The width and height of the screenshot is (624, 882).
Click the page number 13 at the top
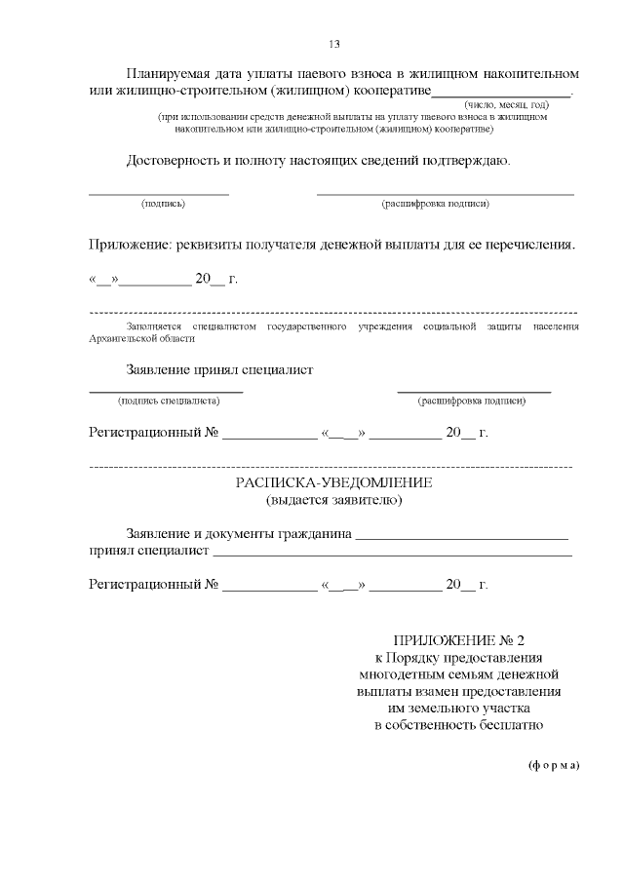tap(333, 44)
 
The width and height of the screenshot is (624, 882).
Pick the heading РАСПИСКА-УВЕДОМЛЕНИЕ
tap(333, 483)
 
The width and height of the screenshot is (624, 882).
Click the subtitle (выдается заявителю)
tap(333, 501)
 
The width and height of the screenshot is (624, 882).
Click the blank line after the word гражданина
tap(462, 536)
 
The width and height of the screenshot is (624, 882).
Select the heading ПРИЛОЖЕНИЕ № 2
tap(458, 640)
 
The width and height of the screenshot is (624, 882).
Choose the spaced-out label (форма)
tap(554, 765)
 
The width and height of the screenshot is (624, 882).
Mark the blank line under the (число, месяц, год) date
tap(500, 95)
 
